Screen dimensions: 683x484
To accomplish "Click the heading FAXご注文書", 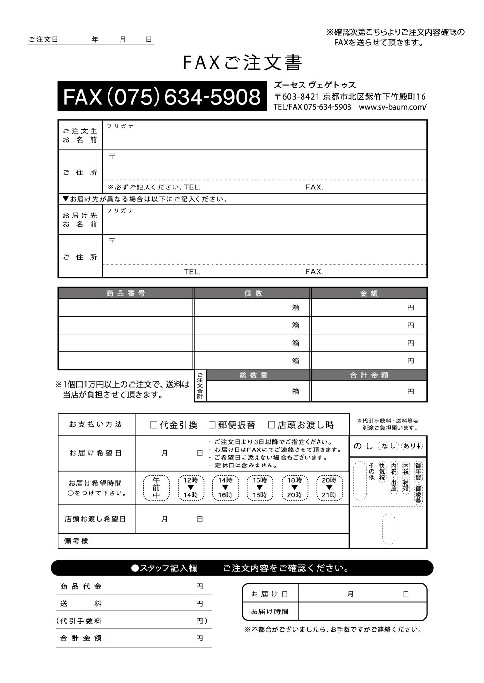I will click(242, 63).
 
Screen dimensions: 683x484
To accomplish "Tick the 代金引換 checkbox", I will click(154, 425).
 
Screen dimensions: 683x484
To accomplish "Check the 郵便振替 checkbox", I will click(212, 425).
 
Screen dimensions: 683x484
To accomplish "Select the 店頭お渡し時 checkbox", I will click(272, 425).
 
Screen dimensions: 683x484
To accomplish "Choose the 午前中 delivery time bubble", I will click(156, 488).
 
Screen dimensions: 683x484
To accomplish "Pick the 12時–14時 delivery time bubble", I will click(191, 488).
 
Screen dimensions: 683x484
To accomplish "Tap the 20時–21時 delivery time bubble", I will click(329, 488).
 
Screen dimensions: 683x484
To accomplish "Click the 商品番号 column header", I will click(126, 293).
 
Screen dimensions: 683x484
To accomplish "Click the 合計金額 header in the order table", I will click(369, 375).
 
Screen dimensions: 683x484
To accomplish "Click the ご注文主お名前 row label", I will click(80, 135).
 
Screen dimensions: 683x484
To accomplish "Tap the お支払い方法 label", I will click(96, 424).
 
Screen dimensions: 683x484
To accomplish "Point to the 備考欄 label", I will click(77, 541).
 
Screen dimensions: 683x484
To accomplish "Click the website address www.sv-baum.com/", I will click(393, 107).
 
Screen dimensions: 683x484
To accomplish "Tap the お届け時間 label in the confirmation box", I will click(270, 611).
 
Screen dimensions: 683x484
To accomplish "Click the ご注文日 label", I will click(44, 40).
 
